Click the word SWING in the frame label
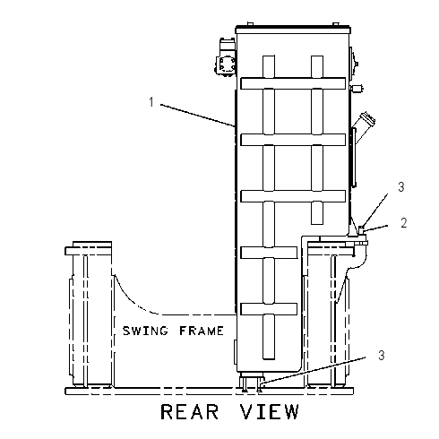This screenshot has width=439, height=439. (x=145, y=331)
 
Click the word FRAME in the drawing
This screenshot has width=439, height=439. (x=202, y=331)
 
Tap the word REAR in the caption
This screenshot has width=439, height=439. (x=190, y=412)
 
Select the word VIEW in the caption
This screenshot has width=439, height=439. (x=270, y=412)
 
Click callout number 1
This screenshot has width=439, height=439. (x=151, y=102)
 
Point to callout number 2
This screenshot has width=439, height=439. (x=404, y=223)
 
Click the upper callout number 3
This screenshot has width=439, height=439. (x=401, y=187)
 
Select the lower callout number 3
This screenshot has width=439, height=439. (x=382, y=356)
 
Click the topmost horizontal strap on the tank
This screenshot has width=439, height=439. (x=293, y=83)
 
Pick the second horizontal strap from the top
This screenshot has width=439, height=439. (x=293, y=140)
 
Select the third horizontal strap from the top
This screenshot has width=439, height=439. (x=293, y=196)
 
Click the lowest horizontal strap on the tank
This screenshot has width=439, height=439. (x=269, y=309)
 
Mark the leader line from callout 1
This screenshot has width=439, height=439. (x=198, y=116)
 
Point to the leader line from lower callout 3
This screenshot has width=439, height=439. (x=313, y=370)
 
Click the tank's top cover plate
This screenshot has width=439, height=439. (x=293, y=30)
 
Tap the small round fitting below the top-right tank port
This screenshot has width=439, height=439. (x=357, y=89)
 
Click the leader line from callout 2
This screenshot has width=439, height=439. (x=375, y=228)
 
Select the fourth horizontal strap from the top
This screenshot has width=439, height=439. (x=269, y=253)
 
